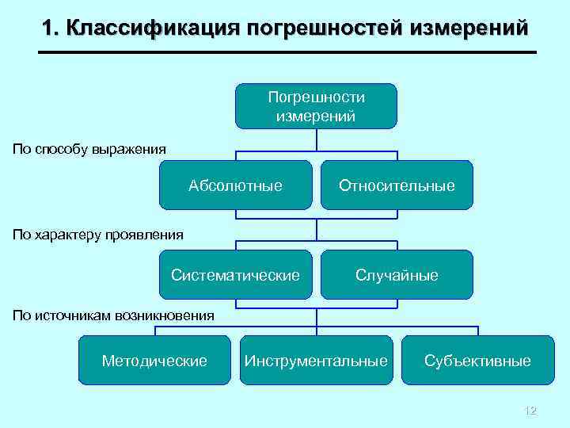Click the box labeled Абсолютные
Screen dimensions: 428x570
click(235, 185)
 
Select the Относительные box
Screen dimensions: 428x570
click(397, 185)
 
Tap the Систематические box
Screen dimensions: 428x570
click(235, 275)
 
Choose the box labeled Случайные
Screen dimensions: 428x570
click(397, 275)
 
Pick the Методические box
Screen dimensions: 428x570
click(154, 361)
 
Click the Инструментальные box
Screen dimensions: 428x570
click(316, 361)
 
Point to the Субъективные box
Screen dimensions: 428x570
click(477, 361)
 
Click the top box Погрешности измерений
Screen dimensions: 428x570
click(316, 106)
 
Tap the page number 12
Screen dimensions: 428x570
click(530, 411)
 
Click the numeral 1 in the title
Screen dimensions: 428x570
click(48, 29)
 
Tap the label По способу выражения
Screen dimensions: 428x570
click(89, 148)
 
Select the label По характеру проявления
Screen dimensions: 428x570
click(98, 234)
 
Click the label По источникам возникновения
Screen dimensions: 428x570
click(113, 315)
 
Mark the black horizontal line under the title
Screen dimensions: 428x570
click(287, 52)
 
